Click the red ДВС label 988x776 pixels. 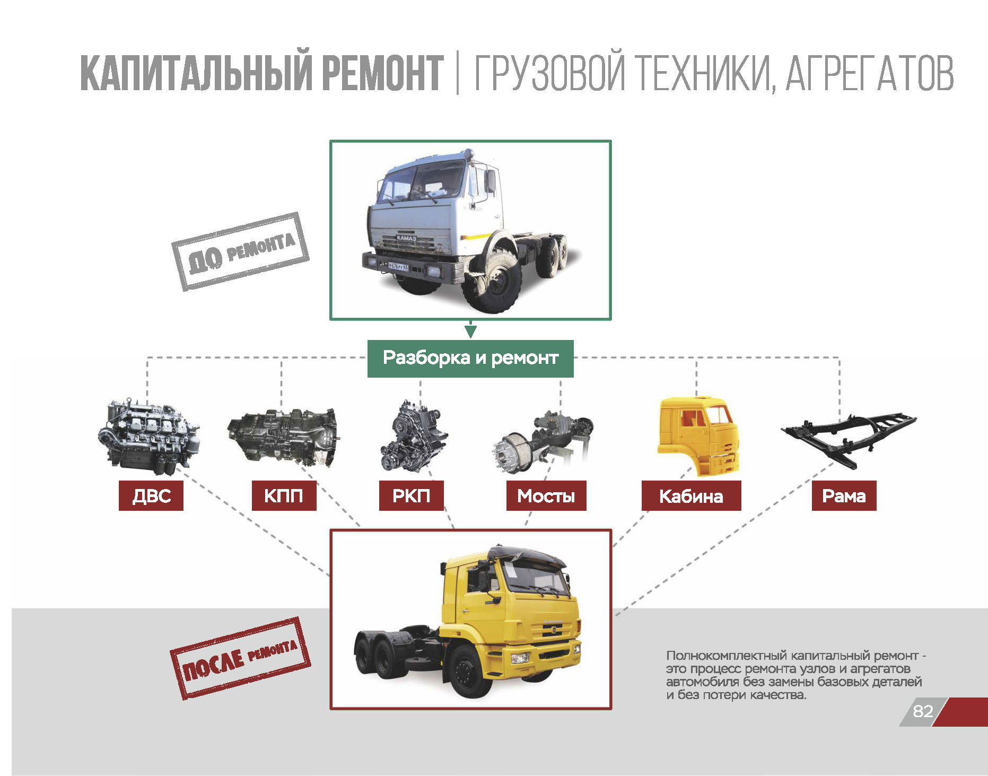point(151,495)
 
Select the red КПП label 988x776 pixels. point(284,495)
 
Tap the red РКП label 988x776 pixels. point(411,495)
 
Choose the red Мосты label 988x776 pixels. point(546,495)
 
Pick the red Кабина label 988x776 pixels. point(691,495)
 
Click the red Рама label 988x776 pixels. point(844,495)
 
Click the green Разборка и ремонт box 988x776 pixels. point(470,359)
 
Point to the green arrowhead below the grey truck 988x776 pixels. point(470,332)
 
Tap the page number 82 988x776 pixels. point(923,711)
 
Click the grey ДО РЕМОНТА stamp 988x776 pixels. point(240,251)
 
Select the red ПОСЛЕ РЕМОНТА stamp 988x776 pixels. point(240,658)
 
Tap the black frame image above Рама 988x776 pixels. point(849,439)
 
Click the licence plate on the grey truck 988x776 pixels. point(398,266)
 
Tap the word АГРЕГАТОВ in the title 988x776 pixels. point(869,72)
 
